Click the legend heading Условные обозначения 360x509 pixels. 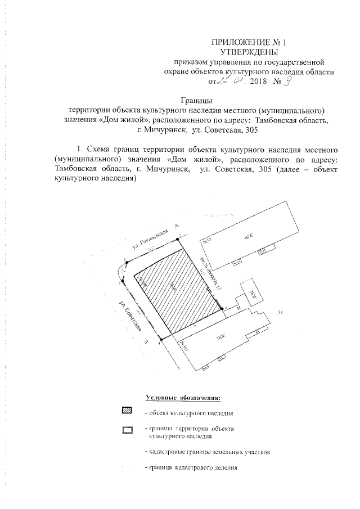tap(182, 398)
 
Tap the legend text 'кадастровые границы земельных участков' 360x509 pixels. tap(208, 452)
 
